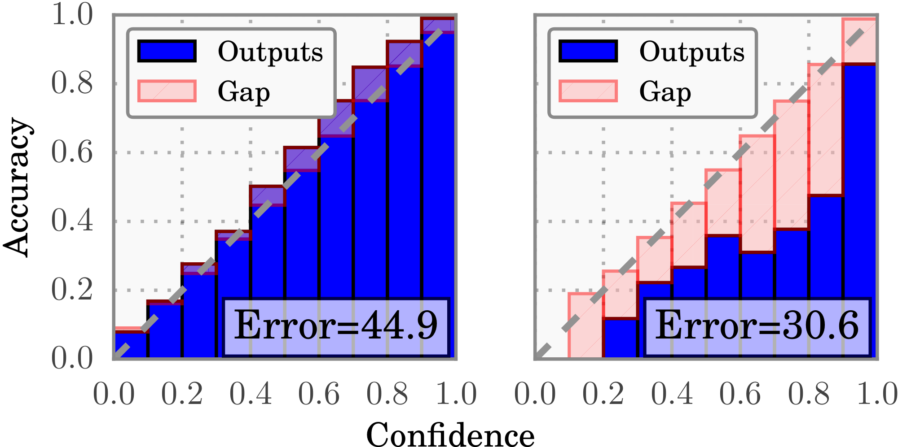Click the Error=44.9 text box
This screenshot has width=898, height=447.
336,326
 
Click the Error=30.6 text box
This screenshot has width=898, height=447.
757,326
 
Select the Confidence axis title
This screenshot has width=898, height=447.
450,434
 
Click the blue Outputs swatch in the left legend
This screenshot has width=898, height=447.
167,51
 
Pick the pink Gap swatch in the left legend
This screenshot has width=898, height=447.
167,91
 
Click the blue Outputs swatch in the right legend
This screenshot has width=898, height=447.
588,51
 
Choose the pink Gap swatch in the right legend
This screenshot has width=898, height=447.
588,91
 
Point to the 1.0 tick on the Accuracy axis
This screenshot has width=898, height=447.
72,15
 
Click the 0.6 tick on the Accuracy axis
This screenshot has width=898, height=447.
72,152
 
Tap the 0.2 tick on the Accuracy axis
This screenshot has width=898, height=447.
72,290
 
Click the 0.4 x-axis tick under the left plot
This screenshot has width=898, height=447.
251,395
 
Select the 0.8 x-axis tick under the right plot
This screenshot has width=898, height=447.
809,395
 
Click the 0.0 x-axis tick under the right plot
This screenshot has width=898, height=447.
535,395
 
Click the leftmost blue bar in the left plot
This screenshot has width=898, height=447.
131,345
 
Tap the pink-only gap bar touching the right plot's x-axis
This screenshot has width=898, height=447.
585,326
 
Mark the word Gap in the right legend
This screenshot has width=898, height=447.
665,92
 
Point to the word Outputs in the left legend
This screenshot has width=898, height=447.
270,52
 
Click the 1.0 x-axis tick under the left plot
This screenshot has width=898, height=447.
456,395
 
